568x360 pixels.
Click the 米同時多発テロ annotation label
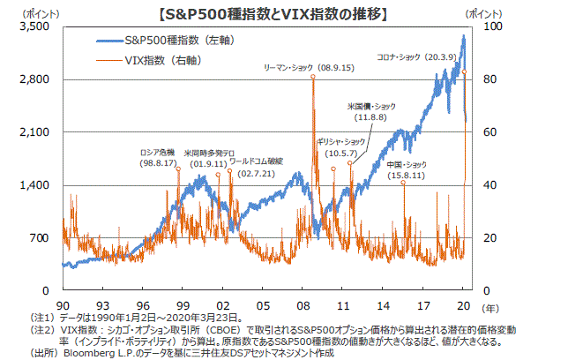[209, 151]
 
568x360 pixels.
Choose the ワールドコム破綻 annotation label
[256, 161]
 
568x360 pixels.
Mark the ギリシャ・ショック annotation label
[340, 141]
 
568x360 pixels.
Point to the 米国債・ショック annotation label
[370, 106]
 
